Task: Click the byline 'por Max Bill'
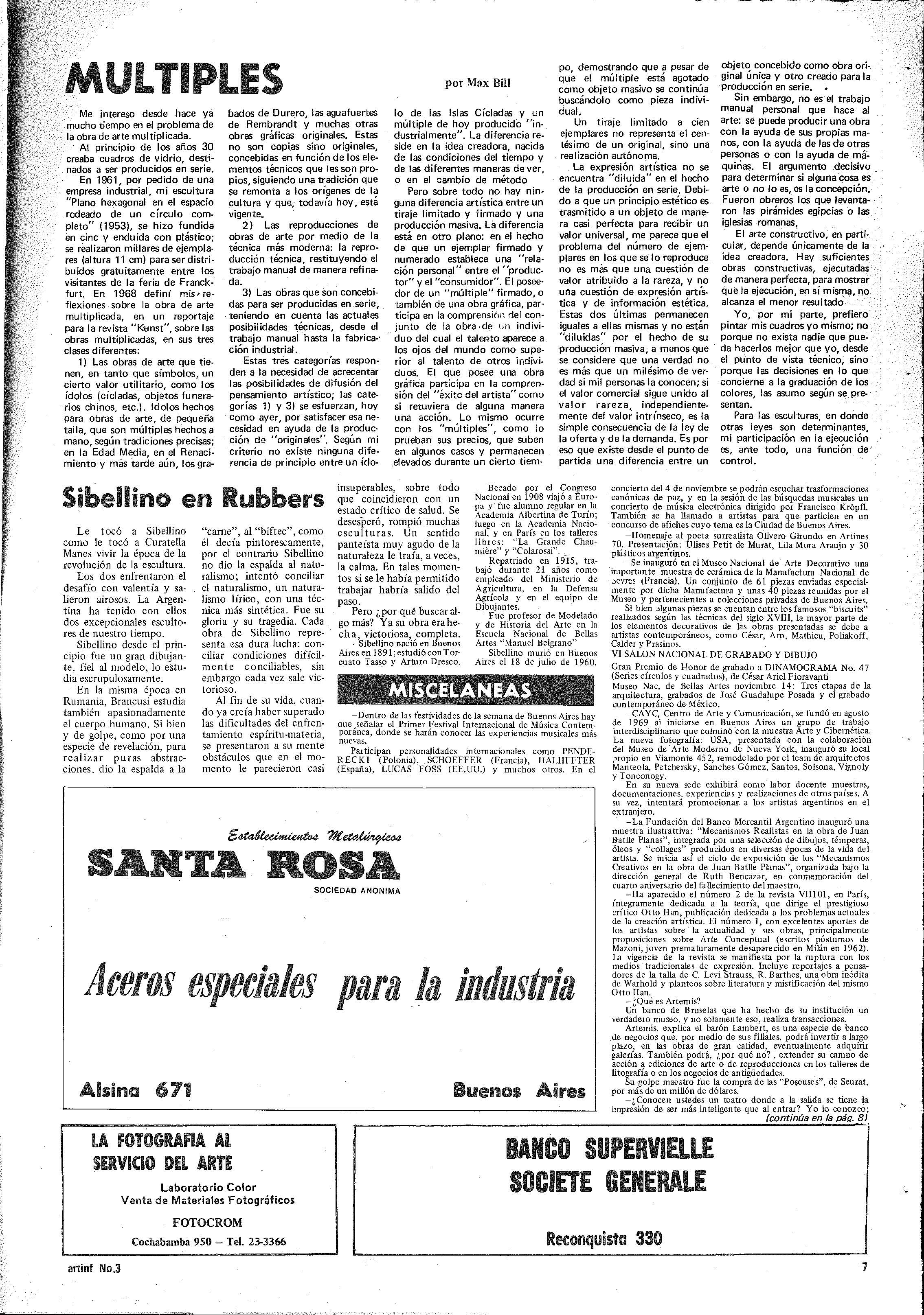(x=477, y=83)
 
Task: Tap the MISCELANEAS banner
(x=465, y=691)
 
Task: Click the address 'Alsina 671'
(x=136, y=1089)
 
